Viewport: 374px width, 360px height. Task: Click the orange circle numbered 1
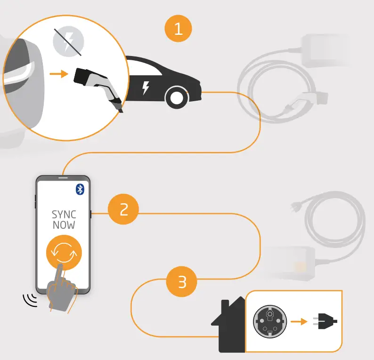pyautogui.click(x=179, y=29)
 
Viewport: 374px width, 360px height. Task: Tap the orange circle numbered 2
pyautogui.click(x=123, y=209)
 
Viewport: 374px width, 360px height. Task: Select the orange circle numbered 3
pyautogui.click(x=182, y=282)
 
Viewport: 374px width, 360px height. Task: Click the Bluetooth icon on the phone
pyautogui.click(x=80, y=189)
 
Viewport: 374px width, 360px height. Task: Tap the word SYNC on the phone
pyautogui.click(x=64, y=215)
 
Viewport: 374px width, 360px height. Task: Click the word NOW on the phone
pyautogui.click(x=64, y=225)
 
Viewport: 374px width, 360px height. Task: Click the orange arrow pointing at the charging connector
pyautogui.click(x=59, y=74)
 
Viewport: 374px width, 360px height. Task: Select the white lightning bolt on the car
pyautogui.click(x=146, y=88)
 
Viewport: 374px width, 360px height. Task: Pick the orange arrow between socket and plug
pyautogui.click(x=298, y=322)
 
